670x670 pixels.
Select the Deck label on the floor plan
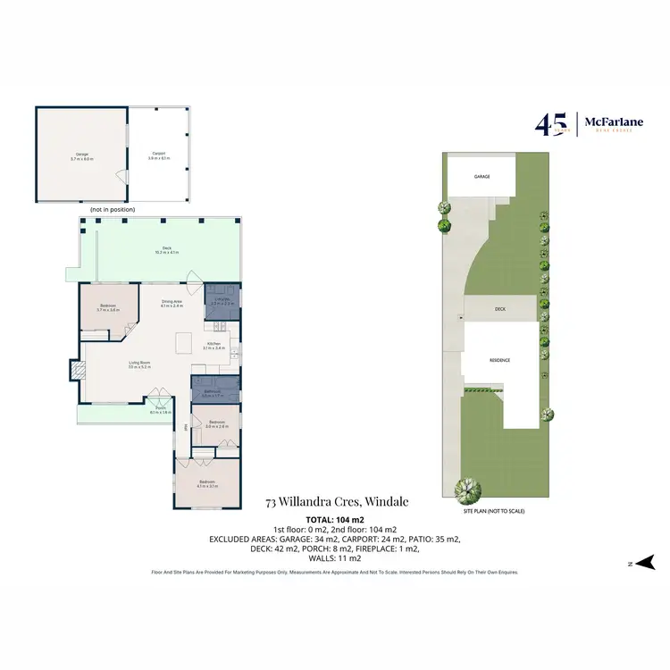pos(167,249)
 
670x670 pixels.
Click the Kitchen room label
pos(214,346)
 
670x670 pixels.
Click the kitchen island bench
pos(184,343)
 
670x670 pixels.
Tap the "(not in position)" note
pos(112,209)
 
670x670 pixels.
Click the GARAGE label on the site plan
pos(482,177)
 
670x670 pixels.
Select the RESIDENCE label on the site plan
pos(499,360)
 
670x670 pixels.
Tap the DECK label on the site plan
pos(500,309)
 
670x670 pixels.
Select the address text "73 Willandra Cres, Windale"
pos(337,502)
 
